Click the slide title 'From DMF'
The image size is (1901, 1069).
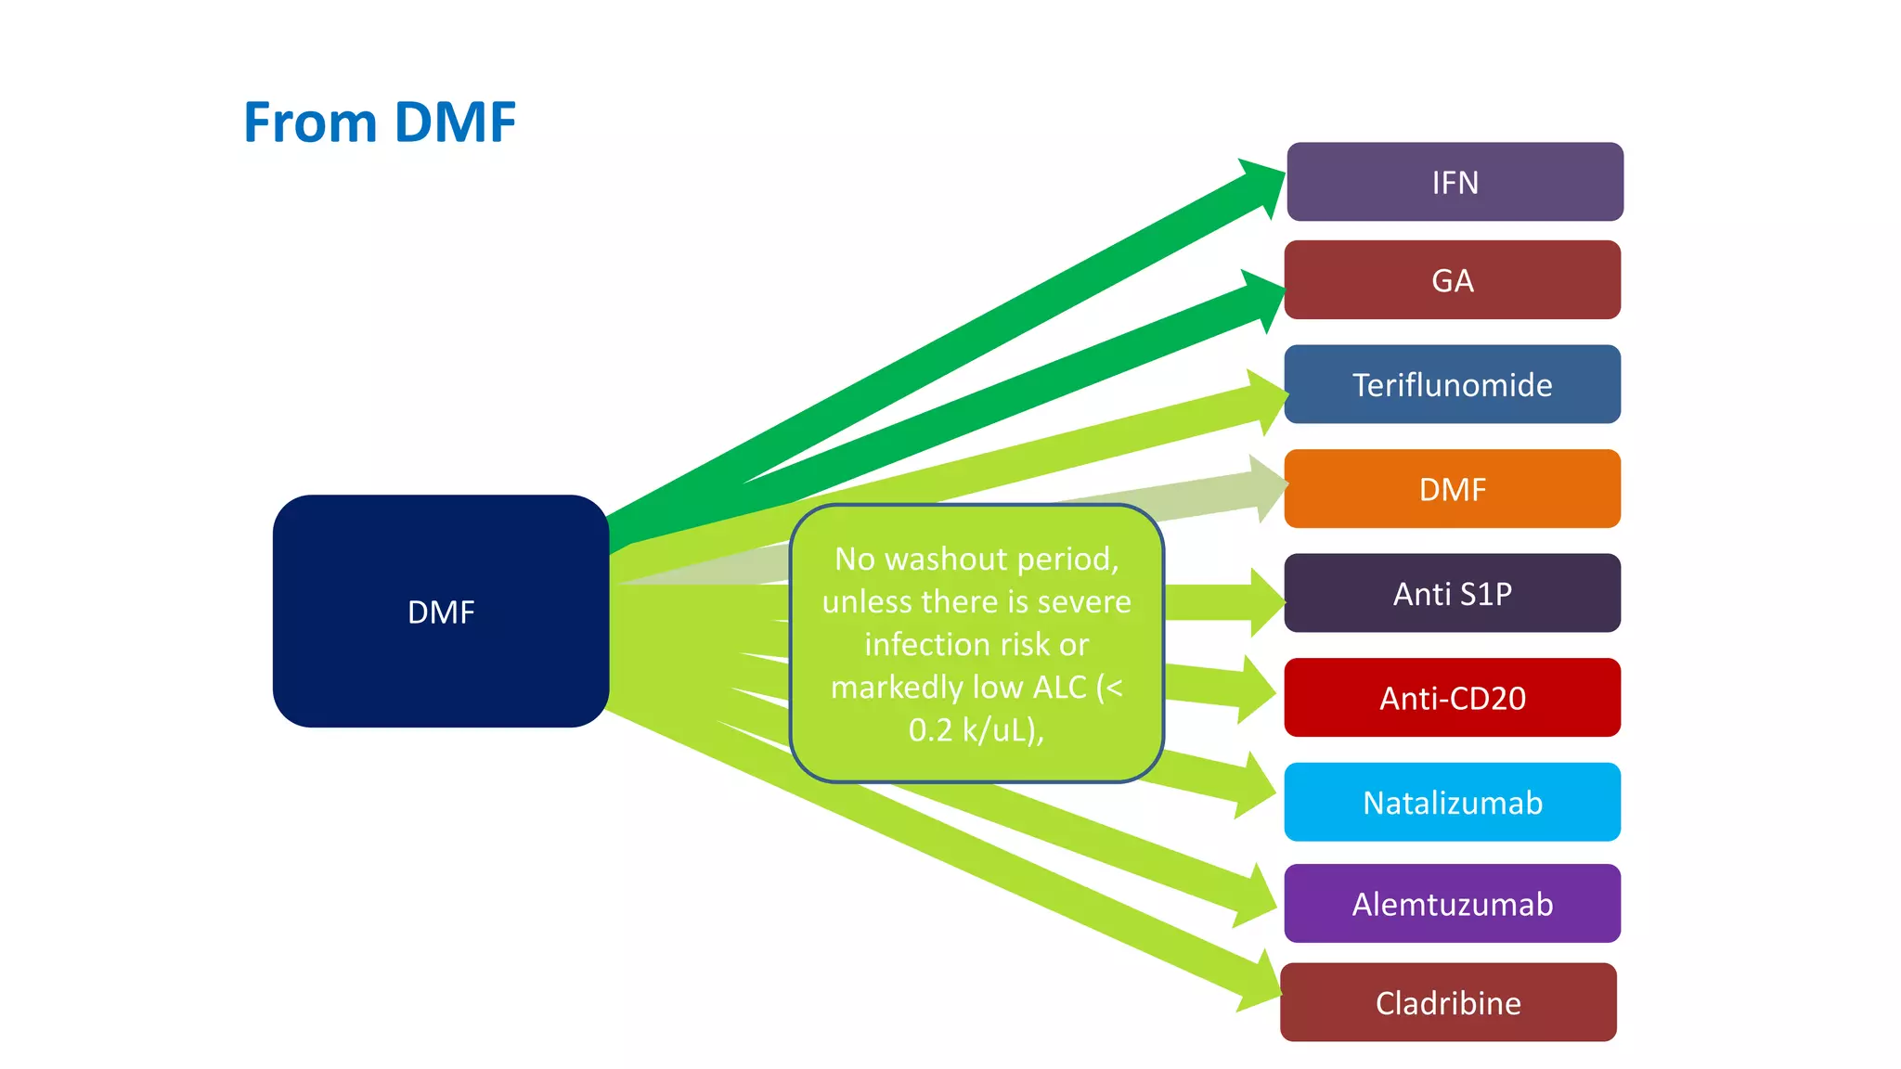pos(379,122)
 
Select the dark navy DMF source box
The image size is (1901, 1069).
pos(440,612)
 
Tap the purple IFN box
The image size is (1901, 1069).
pos(1455,182)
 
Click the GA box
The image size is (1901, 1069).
pos(1452,280)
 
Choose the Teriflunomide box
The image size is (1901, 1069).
pos(1452,384)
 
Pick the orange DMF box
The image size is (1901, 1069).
pos(1452,489)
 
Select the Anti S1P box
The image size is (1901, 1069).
pos(1452,593)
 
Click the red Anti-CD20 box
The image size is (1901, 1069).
pos(1452,698)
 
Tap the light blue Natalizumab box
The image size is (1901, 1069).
pos(1452,802)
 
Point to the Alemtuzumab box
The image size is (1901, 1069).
pos(1452,904)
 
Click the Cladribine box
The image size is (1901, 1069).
pos(1448,1002)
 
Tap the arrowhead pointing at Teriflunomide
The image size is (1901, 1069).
pos(1267,401)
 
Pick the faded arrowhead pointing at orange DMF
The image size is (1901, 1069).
pos(1268,488)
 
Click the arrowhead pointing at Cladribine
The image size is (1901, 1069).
pos(1261,984)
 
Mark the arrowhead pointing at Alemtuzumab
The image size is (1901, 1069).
pos(1258,897)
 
